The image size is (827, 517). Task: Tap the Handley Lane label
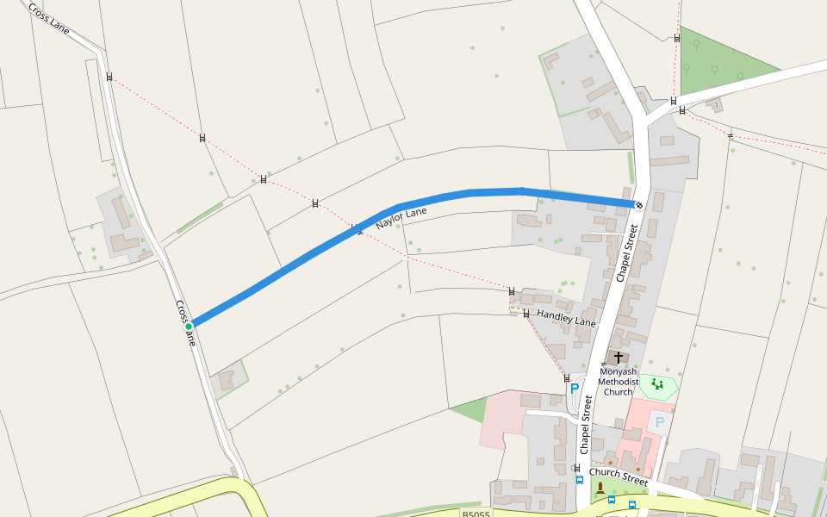click(x=566, y=318)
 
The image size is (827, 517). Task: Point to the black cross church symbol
click(x=618, y=357)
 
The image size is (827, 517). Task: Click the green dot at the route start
click(x=188, y=327)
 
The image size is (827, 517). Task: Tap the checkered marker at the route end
click(x=638, y=204)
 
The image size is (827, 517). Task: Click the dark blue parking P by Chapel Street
click(x=575, y=389)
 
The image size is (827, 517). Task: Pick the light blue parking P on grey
click(x=660, y=421)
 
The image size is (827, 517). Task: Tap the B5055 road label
click(x=476, y=514)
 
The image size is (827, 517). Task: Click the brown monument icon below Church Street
click(x=600, y=488)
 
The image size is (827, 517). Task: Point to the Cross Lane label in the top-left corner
click(x=48, y=17)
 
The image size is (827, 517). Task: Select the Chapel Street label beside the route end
click(x=626, y=252)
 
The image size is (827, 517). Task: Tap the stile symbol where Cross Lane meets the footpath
click(x=109, y=77)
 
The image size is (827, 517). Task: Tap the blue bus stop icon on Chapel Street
click(x=579, y=479)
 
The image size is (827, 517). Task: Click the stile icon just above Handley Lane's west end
click(x=513, y=291)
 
